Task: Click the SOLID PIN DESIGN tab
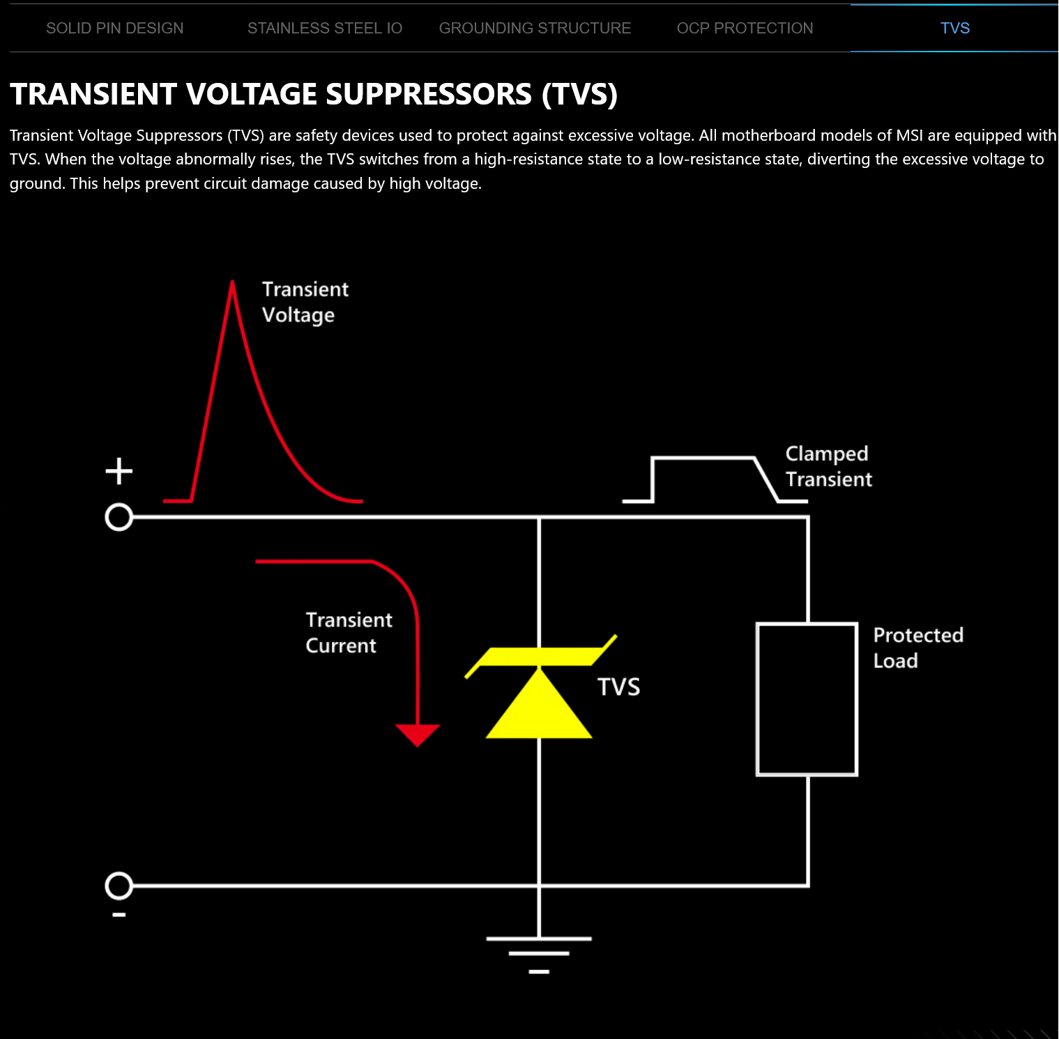tap(115, 29)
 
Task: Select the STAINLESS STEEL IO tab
tap(325, 29)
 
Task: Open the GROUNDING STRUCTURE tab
tap(535, 29)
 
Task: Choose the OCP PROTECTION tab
tap(745, 29)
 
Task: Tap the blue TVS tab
tap(954, 29)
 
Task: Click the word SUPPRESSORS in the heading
tap(428, 95)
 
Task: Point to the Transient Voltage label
tap(305, 302)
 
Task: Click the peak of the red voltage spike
tap(232, 283)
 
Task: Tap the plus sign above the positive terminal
tap(119, 471)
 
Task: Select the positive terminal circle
tap(119, 518)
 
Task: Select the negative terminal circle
tap(119, 886)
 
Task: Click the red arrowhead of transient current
tap(418, 734)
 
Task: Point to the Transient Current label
tap(349, 633)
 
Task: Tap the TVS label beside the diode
tap(618, 687)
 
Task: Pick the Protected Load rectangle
tap(807, 699)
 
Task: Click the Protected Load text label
tap(917, 648)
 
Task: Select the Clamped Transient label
tap(828, 466)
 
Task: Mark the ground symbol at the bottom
tap(539, 953)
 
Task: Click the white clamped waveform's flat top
tap(703, 459)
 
